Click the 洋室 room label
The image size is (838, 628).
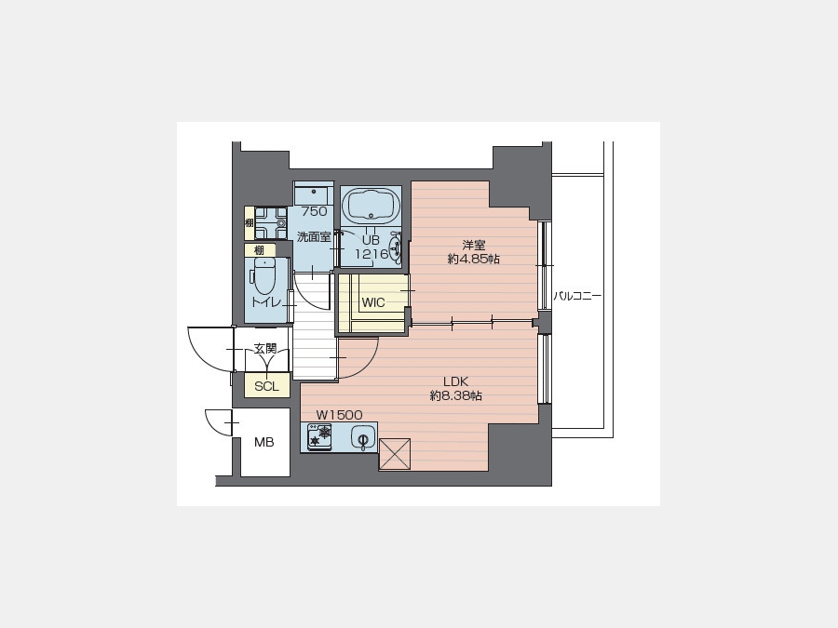(474, 245)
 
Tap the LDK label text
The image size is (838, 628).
(456, 381)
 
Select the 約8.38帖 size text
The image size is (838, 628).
(456, 396)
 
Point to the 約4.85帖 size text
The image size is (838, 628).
(474, 260)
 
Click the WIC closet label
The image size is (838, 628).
(373, 302)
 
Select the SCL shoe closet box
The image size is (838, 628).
(266, 385)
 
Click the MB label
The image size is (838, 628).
(264, 443)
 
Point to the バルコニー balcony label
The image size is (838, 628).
(577, 296)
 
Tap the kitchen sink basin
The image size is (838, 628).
(362, 438)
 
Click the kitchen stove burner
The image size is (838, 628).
(319, 435)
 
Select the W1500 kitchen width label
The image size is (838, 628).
(339, 415)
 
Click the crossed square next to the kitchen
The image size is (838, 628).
(395, 454)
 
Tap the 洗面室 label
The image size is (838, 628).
(314, 237)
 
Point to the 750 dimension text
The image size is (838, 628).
(315, 211)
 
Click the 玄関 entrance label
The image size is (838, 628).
(264, 349)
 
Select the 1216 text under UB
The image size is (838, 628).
(372, 254)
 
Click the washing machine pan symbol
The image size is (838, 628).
(271, 222)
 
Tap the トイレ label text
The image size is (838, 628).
(266, 302)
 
